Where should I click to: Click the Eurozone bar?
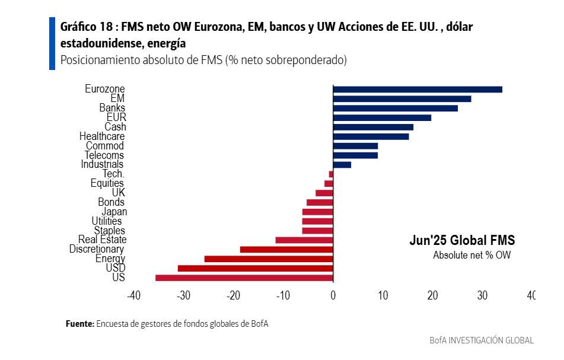pyautogui.click(x=418, y=90)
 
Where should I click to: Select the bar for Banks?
pyautogui.click(x=396, y=109)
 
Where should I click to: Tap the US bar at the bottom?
pyautogui.click(x=244, y=278)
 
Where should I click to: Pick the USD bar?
pyautogui.click(x=256, y=269)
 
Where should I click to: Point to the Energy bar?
pyautogui.click(x=269, y=259)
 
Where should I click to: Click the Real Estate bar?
pyautogui.click(x=304, y=240)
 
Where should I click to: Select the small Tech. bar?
pyautogui.click(x=331, y=174)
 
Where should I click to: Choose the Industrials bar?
pyautogui.click(x=342, y=165)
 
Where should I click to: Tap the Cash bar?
pyautogui.click(x=373, y=127)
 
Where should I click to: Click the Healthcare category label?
pyautogui.click(x=102, y=136)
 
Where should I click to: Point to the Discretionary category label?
pyautogui.click(x=96, y=249)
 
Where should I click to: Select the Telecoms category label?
pyautogui.click(x=104, y=155)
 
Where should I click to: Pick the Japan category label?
pyautogui.click(x=114, y=212)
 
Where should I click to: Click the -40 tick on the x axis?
pyautogui.click(x=134, y=295)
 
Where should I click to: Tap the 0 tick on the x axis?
pyautogui.click(x=333, y=295)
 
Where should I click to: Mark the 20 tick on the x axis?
pyautogui.click(x=432, y=295)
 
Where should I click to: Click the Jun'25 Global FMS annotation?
pyautogui.click(x=462, y=241)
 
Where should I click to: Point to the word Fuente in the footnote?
pyautogui.click(x=79, y=324)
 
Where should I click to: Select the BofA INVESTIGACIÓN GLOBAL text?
pyautogui.click(x=482, y=340)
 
